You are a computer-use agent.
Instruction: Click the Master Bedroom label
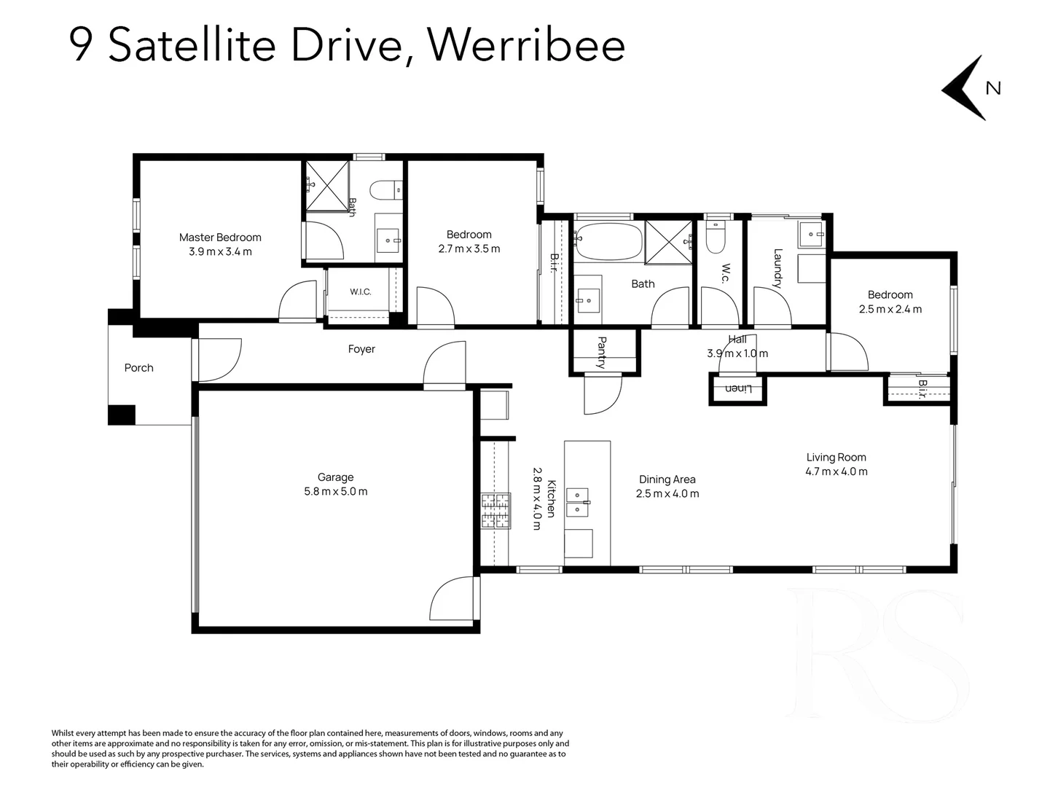pos(220,238)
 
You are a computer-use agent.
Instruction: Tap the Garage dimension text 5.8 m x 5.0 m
pos(336,491)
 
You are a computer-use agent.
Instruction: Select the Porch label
pos(138,368)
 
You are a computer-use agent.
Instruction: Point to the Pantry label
pos(602,353)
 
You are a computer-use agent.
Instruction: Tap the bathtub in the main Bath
pos(608,242)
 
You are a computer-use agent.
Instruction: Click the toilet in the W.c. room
pos(716,237)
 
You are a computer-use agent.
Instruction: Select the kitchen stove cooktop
pos(495,511)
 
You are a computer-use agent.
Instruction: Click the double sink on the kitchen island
pos(577,502)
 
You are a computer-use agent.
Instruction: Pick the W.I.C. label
pos(361,291)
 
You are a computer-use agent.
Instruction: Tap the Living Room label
pos(837,458)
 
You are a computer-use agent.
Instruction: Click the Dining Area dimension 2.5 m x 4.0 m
pos(667,494)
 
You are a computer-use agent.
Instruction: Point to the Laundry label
pos(777,268)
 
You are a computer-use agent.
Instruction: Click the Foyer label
pos(361,349)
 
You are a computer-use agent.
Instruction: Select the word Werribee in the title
pos(526,45)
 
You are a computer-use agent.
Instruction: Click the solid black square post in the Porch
pos(122,415)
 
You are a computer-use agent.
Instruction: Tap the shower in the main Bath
pos(668,242)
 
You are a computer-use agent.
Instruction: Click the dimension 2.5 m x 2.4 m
pos(890,309)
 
